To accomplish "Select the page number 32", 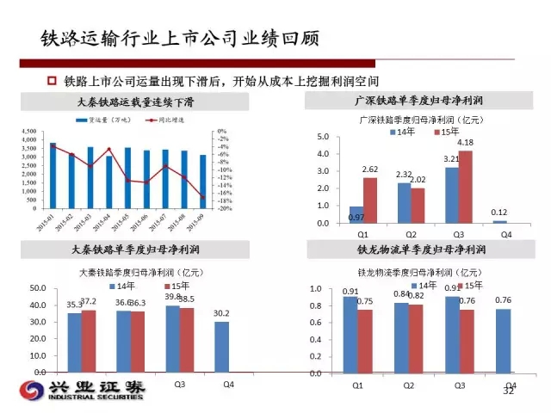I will pyautogui.click(x=507, y=392).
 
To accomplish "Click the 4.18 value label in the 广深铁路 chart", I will pyautogui.click(x=464, y=143).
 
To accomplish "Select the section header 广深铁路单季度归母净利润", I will pyautogui.click(x=418, y=102).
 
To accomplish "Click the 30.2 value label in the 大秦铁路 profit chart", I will pyautogui.click(x=221, y=313).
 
